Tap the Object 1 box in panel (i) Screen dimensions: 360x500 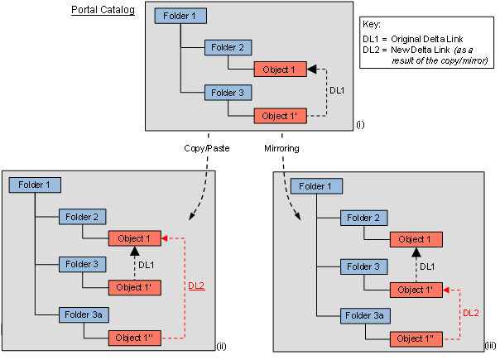click(x=280, y=70)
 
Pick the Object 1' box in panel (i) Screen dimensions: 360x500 click(x=280, y=117)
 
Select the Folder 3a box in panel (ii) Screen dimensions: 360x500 click(x=83, y=314)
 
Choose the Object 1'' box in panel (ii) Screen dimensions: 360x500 click(x=134, y=338)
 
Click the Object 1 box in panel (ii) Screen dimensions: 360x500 click(x=134, y=239)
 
